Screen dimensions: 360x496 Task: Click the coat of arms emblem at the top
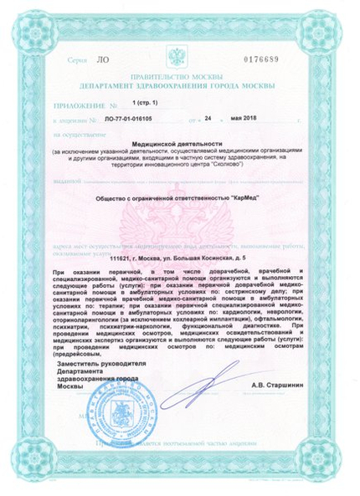(x=177, y=58)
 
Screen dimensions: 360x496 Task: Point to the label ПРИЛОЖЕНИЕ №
(x=84, y=106)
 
